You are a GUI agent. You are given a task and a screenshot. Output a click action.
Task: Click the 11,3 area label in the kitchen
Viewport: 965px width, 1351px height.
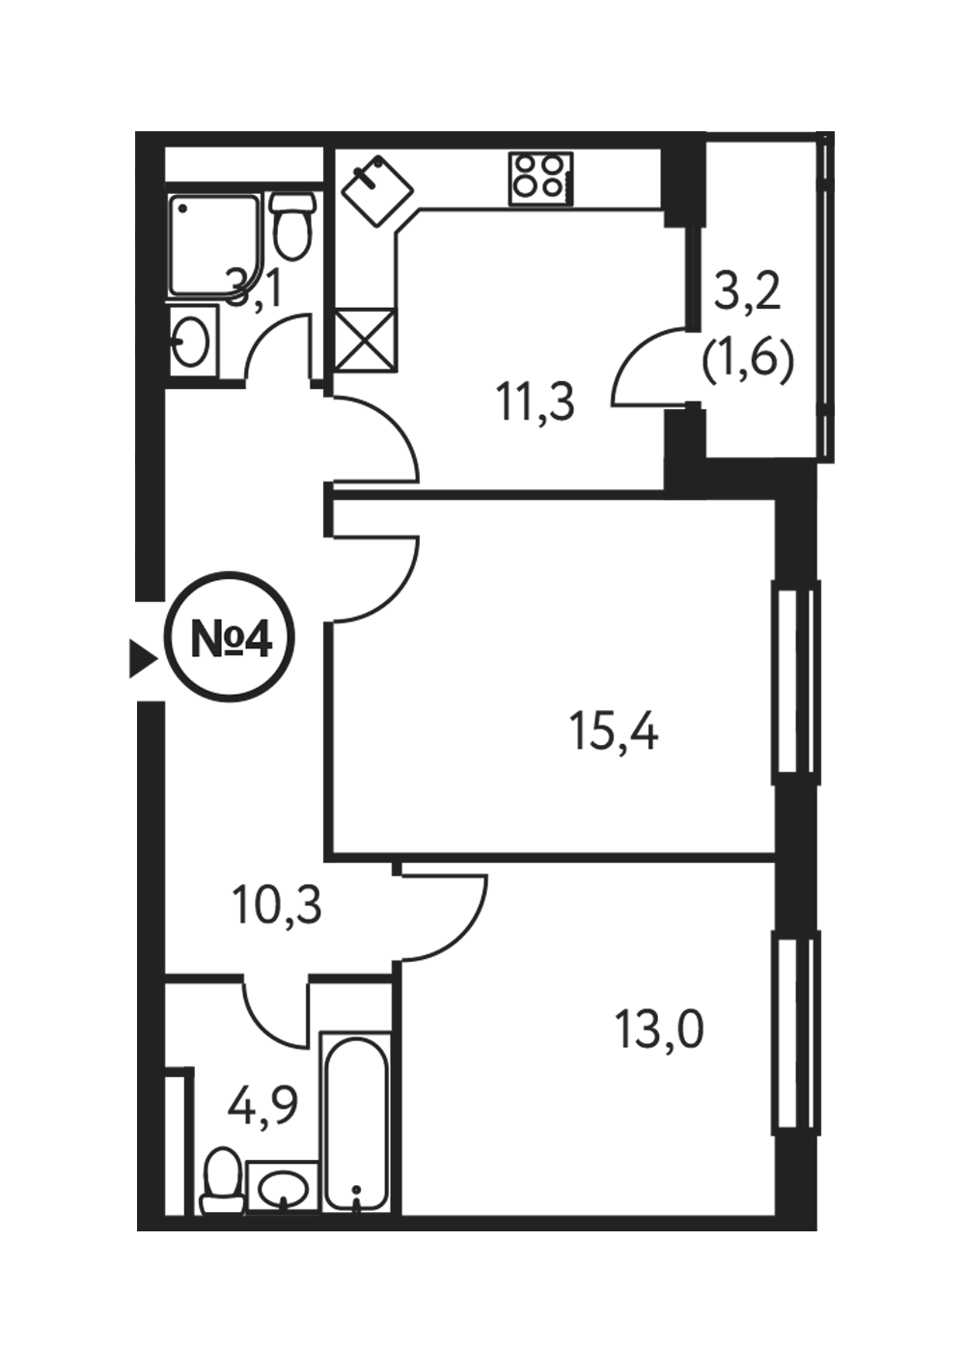point(535,403)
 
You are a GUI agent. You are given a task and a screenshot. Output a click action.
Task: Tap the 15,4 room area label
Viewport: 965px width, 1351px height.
point(614,731)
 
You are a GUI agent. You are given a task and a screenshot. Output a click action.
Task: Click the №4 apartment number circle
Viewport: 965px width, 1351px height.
point(230,637)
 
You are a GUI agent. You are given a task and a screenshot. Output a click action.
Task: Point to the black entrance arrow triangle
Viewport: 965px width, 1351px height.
point(144,658)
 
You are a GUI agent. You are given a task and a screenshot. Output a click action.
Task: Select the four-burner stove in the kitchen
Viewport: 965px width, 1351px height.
point(540,179)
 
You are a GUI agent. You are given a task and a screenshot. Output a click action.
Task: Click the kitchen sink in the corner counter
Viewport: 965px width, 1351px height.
point(377,190)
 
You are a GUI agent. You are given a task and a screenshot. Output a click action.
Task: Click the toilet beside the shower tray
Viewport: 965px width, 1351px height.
point(292,225)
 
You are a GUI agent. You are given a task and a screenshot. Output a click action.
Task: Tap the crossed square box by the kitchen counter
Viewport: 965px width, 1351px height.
point(366,339)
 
